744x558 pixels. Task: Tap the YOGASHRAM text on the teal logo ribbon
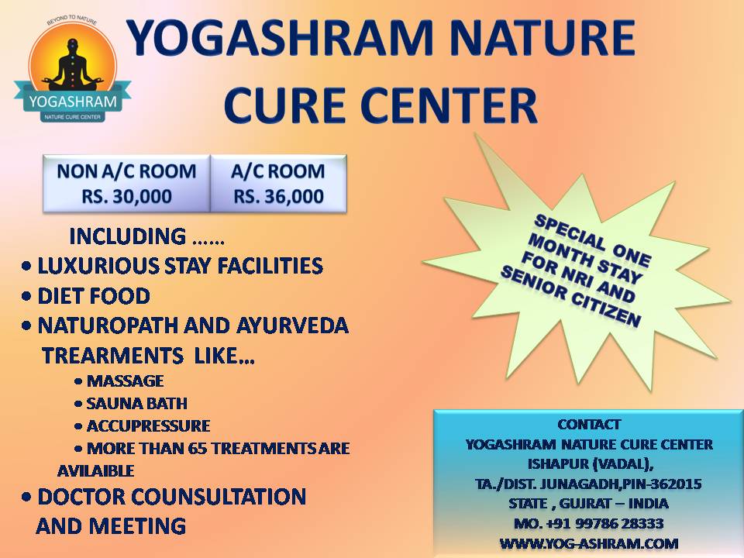pos(73,102)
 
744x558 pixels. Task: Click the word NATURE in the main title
pos(541,38)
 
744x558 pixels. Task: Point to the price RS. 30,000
pos(126,196)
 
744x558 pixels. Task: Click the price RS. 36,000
pos(278,196)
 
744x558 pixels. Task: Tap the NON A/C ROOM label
pos(126,171)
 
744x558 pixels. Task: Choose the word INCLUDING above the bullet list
pos(128,237)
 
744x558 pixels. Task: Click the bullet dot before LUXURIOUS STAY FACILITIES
pos(26,266)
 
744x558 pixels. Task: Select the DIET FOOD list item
pos(94,296)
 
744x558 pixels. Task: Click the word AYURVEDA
pos(292,326)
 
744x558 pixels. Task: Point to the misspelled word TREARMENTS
pos(113,356)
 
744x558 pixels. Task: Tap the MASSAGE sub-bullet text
pos(126,381)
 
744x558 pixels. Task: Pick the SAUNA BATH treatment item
pos(137,403)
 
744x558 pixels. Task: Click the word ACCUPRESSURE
pos(149,426)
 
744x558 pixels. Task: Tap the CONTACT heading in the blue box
pos(589,424)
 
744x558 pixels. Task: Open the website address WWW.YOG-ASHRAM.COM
pos(589,543)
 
